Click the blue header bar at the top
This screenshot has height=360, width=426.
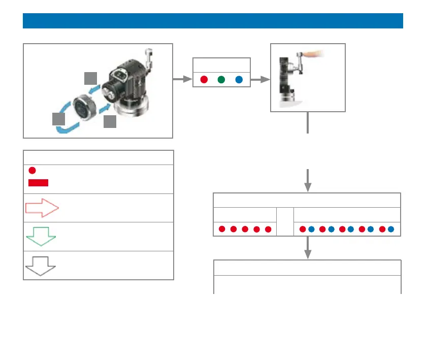(x=213, y=21)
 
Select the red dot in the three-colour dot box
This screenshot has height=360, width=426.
(x=204, y=80)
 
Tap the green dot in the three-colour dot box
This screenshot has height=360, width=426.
(x=221, y=80)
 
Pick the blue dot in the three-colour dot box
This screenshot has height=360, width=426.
(x=239, y=80)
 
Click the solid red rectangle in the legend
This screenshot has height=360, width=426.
(x=39, y=183)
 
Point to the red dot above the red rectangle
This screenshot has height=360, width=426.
(x=32, y=171)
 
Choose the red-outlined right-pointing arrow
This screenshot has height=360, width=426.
(x=42, y=208)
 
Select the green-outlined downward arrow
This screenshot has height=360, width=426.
(x=41, y=237)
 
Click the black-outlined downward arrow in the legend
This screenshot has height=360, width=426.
(x=40, y=265)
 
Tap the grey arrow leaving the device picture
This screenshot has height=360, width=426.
(x=180, y=80)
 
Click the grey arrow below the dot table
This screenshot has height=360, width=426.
(x=308, y=248)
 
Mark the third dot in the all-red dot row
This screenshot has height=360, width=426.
(x=245, y=229)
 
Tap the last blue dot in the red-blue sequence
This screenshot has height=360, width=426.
(x=391, y=229)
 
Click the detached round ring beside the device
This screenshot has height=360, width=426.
(x=83, y=109)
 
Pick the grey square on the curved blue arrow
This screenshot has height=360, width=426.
(x=58, y=119)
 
